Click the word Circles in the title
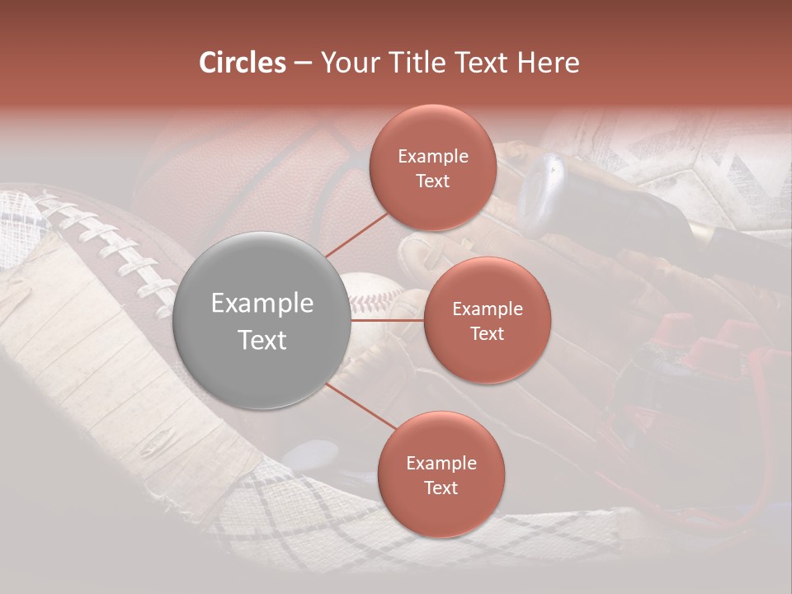point(243,63)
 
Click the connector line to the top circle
point(356,235)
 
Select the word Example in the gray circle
point(262,304)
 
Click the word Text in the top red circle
point(432,181)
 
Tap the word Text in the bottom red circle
point(441,488)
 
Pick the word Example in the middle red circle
point(487,309)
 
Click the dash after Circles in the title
point(302,64)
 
